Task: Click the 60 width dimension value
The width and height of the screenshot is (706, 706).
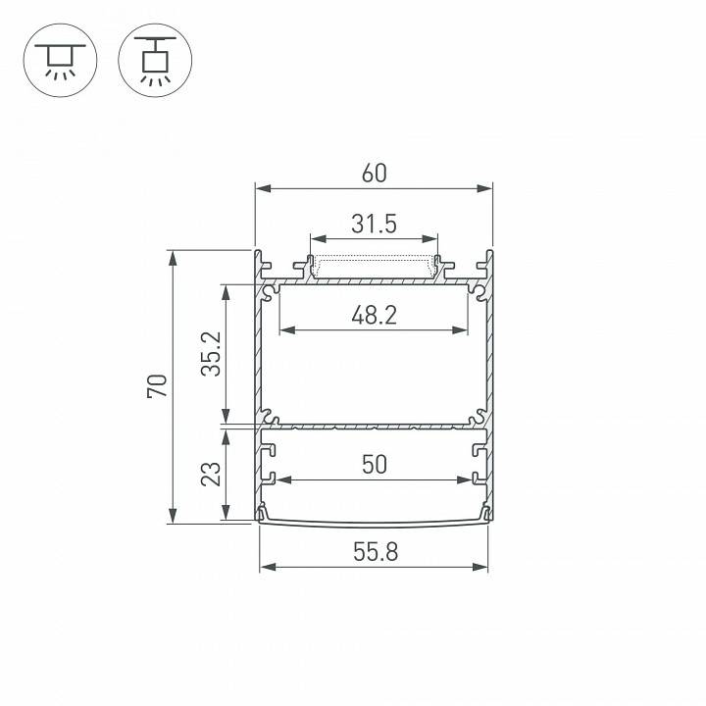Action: point(374,174)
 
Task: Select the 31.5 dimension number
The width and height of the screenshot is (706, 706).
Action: point(374,225)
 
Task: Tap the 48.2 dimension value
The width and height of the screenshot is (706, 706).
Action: point(374,315)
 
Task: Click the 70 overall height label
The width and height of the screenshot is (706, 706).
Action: point(158,386)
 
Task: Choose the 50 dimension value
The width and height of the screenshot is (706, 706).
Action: point(374,465)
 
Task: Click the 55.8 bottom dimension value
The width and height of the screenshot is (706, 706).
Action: point(374,552)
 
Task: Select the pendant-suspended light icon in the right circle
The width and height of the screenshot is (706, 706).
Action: point(152,58)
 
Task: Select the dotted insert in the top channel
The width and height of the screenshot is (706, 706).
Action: point(374,267)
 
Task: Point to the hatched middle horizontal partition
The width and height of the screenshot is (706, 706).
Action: point(374,428)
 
